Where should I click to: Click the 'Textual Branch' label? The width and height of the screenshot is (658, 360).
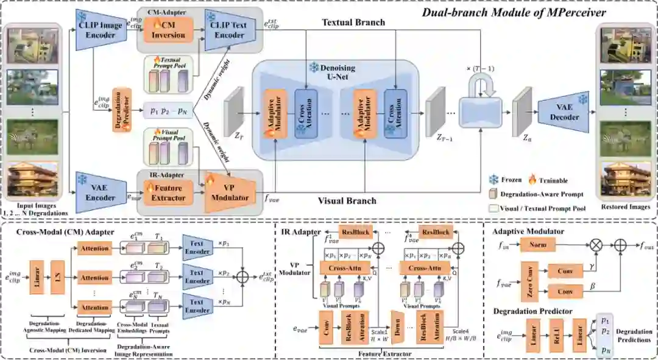click(x=353, y=23)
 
